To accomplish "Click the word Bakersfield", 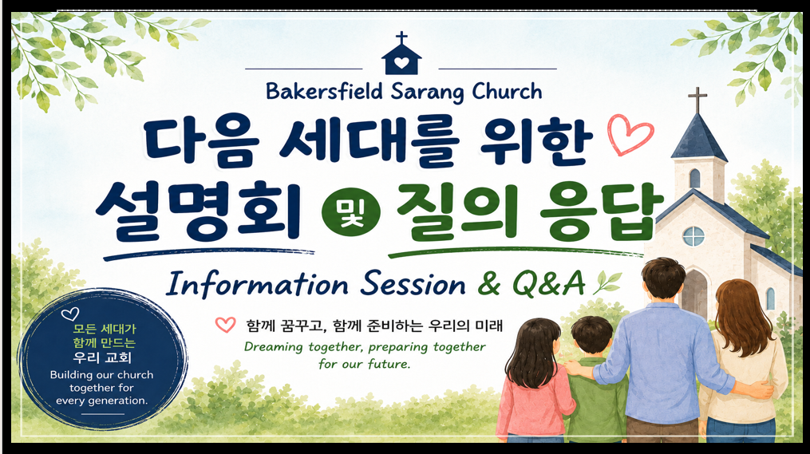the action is click(324, 92).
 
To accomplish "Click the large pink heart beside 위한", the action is click(630, 134).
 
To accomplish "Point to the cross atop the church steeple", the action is click(697, 100).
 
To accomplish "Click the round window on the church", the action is click(693, 236).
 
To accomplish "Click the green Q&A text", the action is click(548, 283).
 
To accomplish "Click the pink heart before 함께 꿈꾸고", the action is click(225, 325).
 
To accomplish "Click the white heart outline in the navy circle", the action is click(70, 314).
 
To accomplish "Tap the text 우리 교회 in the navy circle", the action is click(102, 357).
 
